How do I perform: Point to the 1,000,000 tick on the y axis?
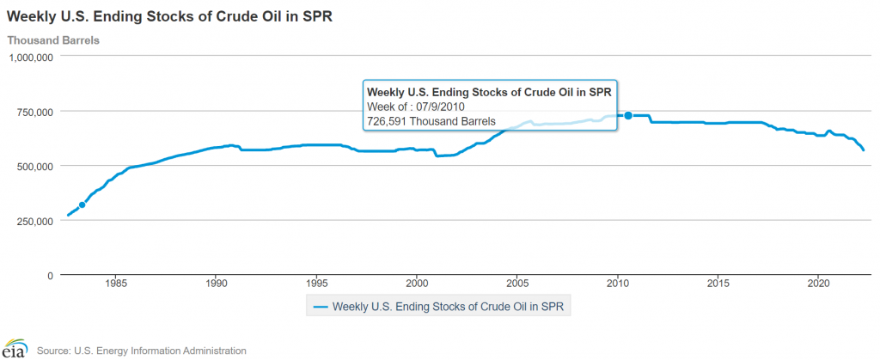click(x=32, y=57)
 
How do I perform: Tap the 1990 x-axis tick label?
click(x=216, y=283)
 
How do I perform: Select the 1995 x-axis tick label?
click(x=316, y=283)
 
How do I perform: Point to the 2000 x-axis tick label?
click(x=417, y=283)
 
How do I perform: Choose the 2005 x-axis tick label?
click(x=517, y=283)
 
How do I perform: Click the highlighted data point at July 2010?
click(x=628, y=115)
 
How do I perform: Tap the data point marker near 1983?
click(x=82, y=204)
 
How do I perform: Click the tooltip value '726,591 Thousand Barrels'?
click(x=425, y=120)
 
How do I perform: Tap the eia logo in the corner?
click(x=14, y=351)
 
